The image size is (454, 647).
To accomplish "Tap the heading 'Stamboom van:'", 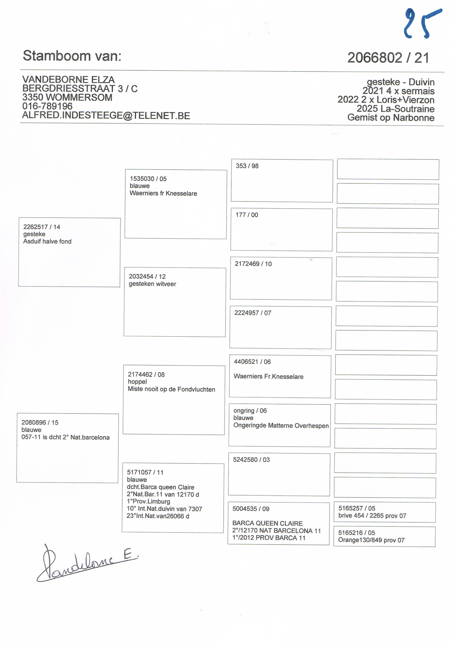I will (x=72, y=56).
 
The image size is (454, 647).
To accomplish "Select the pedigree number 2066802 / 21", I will (x=388, y=58).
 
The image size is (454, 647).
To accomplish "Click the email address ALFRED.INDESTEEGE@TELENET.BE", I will (x=106, y=116).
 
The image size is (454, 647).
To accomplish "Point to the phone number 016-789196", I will (x=47, y=106).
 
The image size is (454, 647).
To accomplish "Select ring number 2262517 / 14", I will (x=42, y=227).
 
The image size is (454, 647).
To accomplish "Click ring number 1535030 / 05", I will (x=148, y=179).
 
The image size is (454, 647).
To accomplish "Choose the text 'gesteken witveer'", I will (x=152, y=284).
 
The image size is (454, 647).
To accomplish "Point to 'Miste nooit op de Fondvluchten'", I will (x=171, y=389).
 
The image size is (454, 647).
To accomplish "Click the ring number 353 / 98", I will (x=247, y=166).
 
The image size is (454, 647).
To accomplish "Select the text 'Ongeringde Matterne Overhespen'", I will (x=281, y=426).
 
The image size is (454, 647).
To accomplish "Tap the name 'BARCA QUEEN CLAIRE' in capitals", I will (x=267, y=523).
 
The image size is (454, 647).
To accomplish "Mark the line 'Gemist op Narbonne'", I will (x=391, y=117).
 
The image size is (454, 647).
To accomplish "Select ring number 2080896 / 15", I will (x=40, y=422).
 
